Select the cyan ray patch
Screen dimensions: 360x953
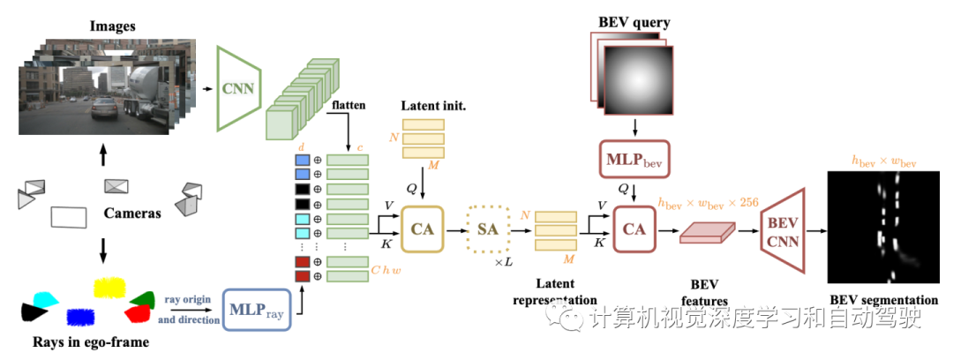pyautogui.click(x=45, y=298)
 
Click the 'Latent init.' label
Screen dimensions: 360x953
pyautogui.click(x=432, y=106)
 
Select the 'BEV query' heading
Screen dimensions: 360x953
pyautogui.click(x=633, y=21)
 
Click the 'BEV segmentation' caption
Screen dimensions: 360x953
pyautogui.click(x=883, y=300)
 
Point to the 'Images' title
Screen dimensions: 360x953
pyautogui.click(x=111, y=26)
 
